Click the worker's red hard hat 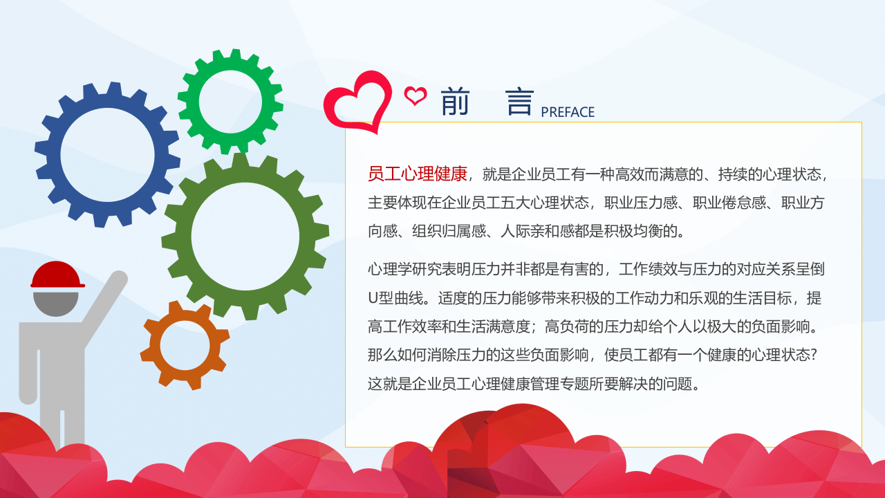tap(57, 274)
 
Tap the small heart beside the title tap(416, 95)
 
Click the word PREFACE tap(568, 112)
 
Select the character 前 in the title tap(455, 102)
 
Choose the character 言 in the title tap(520, 102)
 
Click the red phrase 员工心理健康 tap(418, 174)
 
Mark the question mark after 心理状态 tap(814, 355)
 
